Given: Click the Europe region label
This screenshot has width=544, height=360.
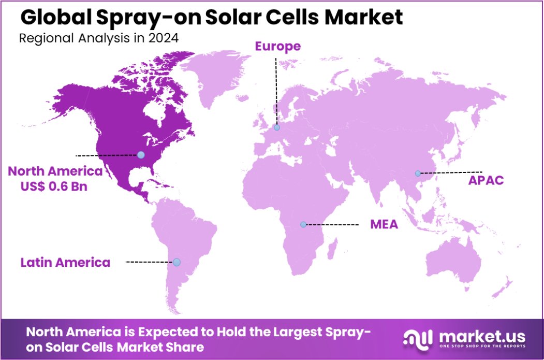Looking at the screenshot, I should point(277,47).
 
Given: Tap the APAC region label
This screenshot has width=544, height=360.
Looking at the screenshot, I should point(486,181).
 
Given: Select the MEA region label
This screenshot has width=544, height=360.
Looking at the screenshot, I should point(384,225).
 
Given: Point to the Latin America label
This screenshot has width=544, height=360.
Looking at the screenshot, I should point(65,262).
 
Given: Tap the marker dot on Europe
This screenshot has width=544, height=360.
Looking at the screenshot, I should point(277,127).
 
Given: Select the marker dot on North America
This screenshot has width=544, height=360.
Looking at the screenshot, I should point(140,154).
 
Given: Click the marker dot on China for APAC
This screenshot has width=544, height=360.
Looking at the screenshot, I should point(418,173).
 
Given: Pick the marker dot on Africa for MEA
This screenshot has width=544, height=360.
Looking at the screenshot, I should point(303,224).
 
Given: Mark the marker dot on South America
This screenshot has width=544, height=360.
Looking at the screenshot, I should point(177,262).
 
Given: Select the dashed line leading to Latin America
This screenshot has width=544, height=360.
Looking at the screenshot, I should point(150,262).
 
